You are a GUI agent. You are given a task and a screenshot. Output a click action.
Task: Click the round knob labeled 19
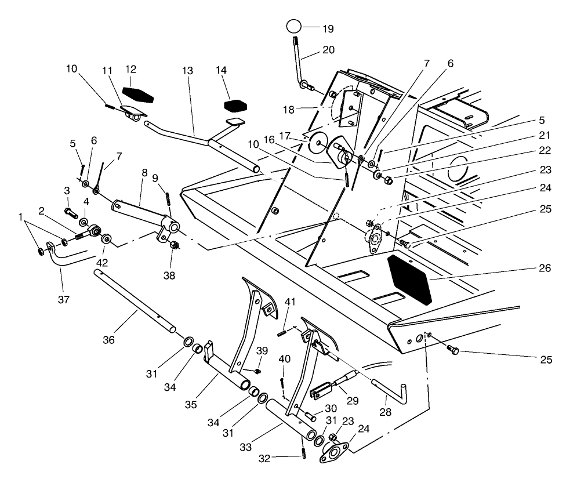(x=295, y=27)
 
